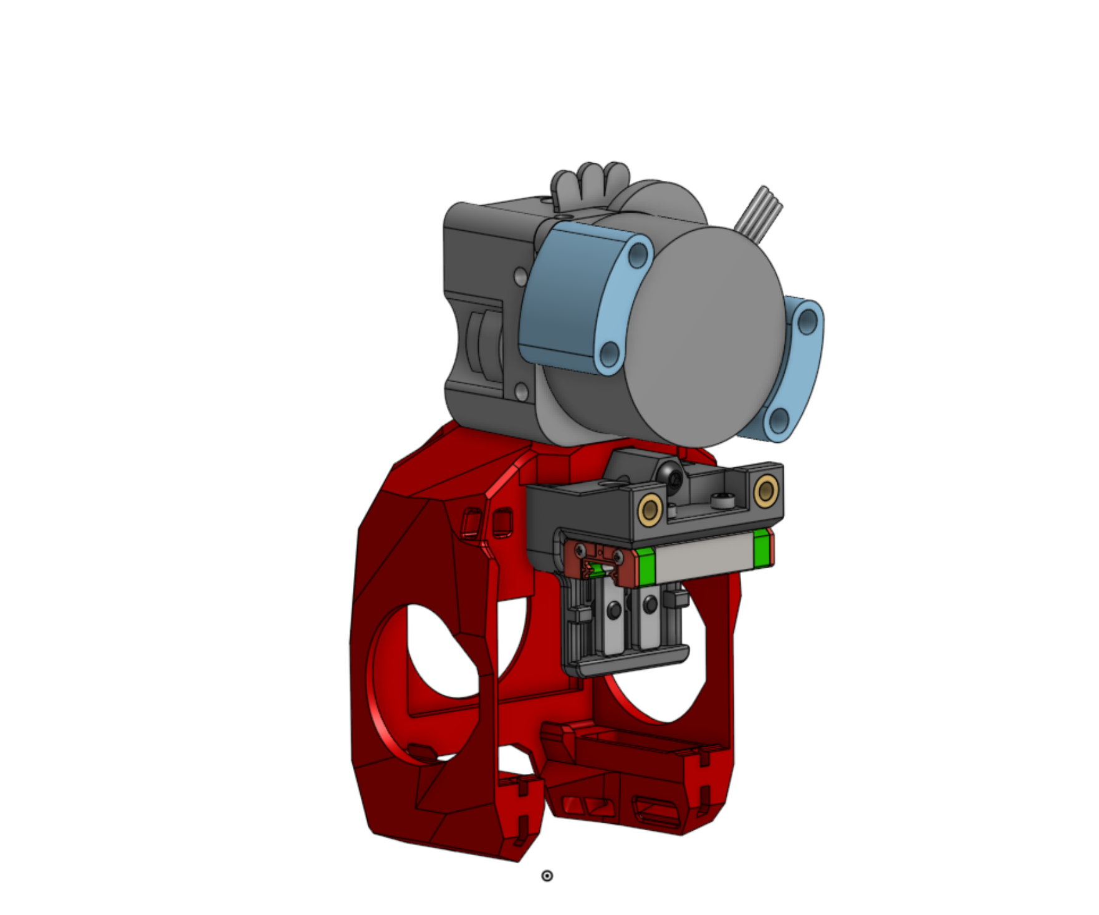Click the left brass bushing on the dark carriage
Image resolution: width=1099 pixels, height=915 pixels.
click(x=650, y=510)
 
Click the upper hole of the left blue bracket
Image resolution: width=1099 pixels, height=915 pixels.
click(x=638, y=254)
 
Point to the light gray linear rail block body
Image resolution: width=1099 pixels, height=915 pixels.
click(x=704, y=558)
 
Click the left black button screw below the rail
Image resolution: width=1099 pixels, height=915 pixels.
click(x=615, y=609)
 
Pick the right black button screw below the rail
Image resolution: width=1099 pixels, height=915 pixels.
click(x=650, y=604)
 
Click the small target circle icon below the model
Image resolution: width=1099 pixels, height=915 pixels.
click(x=547, y=876)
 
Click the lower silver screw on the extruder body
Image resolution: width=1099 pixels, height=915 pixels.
click(x=522, y=392)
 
